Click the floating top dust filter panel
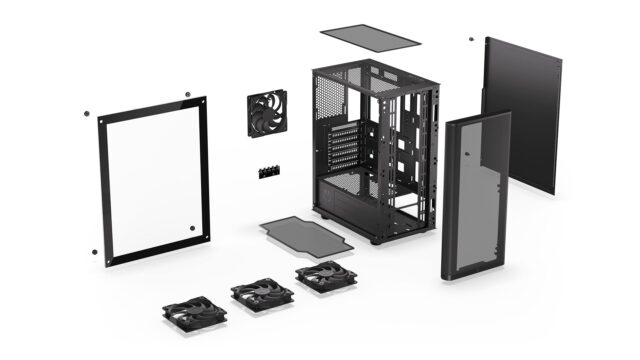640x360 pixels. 371,36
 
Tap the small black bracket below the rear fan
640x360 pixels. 268,171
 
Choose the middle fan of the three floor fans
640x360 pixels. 262,294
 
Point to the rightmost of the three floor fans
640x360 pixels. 325,276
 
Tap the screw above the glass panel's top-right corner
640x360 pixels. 187,95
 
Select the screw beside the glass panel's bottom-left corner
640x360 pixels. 94,251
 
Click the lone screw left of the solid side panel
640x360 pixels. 471,40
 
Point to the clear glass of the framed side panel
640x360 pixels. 155,180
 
